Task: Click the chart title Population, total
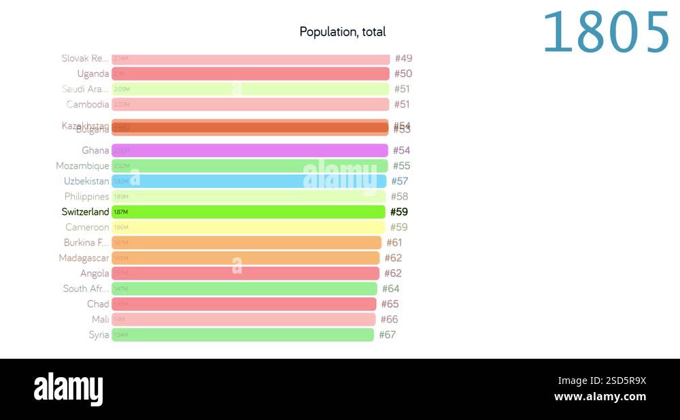(x=343, y=32)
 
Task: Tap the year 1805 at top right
(x=606, y=33)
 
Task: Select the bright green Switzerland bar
(x=249, y=212)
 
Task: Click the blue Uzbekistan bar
(x=249, y=181)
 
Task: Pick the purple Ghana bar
(x=250, y=150)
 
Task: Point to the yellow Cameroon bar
(x=248, y=227)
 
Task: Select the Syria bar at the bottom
(x=243, y=334)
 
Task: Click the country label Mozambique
(x=82, y=166)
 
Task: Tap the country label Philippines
(x=86, y=197)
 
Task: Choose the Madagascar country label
(x=84, y=258)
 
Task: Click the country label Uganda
(x=92, y=74)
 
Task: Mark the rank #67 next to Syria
(x=387, y=334)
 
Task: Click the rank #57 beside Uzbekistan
(x=400, y=181)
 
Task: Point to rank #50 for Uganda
(x=403, y=74)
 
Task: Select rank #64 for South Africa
(x=391, y=289)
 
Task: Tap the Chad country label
(x=97, y=304)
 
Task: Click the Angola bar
(x=245, y=273)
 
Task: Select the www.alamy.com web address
(x=600, y=397)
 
